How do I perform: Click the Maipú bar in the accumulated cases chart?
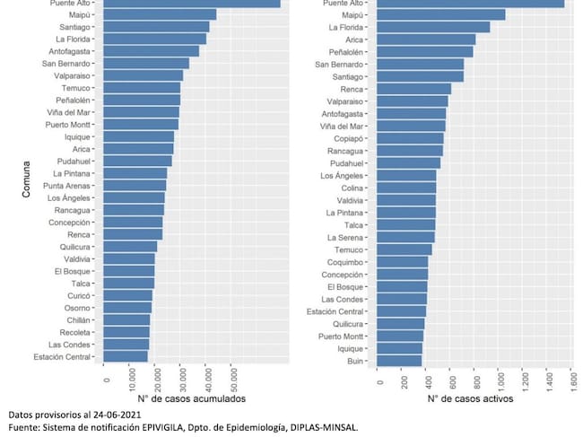[160, 15]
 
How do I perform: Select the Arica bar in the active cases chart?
[426, 39]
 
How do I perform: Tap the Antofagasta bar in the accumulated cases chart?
[151, 51]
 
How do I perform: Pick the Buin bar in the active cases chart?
[399, 361]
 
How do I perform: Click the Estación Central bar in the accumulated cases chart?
[126, 356]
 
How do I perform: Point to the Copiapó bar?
[410, 138]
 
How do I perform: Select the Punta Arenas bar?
[135, 186]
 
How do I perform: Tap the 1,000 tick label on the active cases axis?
[500, 380]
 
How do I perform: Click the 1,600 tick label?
[573, 380]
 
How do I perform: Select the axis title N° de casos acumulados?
[191, 398]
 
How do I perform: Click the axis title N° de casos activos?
[470, 398]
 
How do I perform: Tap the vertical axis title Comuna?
[26, 179]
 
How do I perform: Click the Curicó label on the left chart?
[79, 296]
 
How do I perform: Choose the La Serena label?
[345, 238]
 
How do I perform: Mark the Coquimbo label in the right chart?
[345, 262]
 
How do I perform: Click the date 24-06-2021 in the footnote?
[117, 415]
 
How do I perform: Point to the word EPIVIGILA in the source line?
[162, 428]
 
